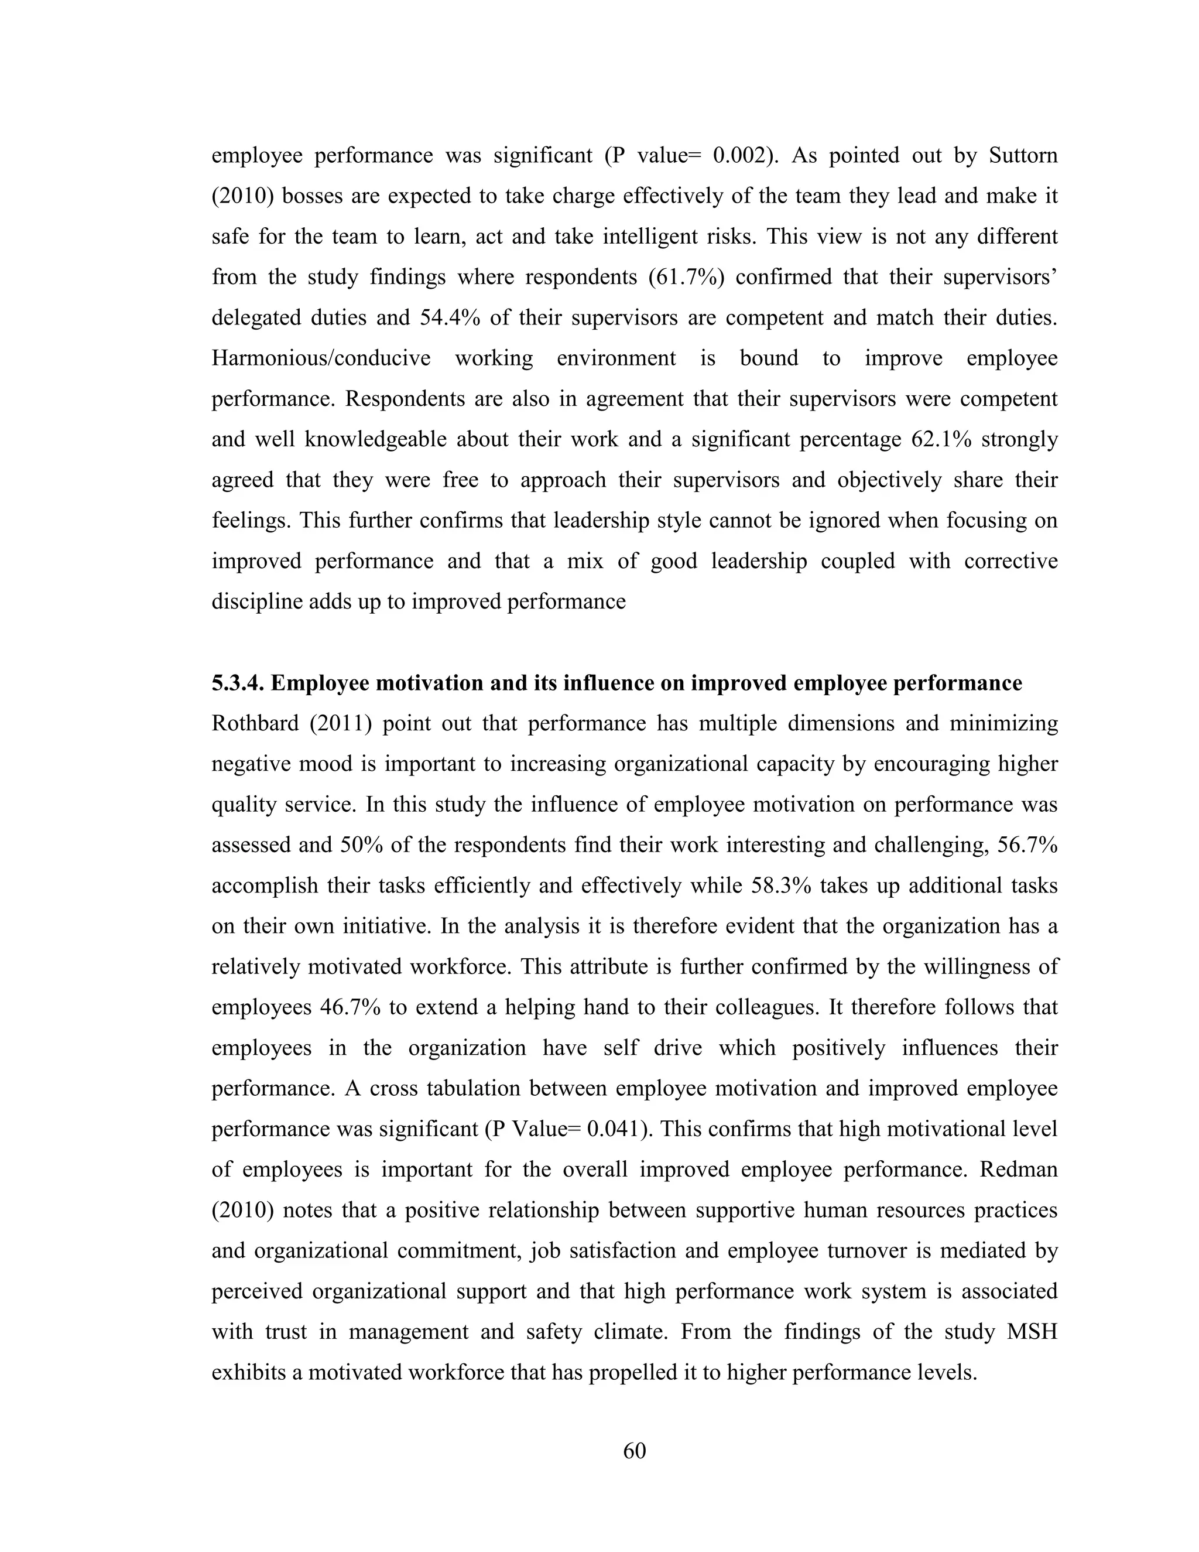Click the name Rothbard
pyautogui.click(x=254, y=723)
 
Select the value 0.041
pyautogui.click(x=619, y=1129)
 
